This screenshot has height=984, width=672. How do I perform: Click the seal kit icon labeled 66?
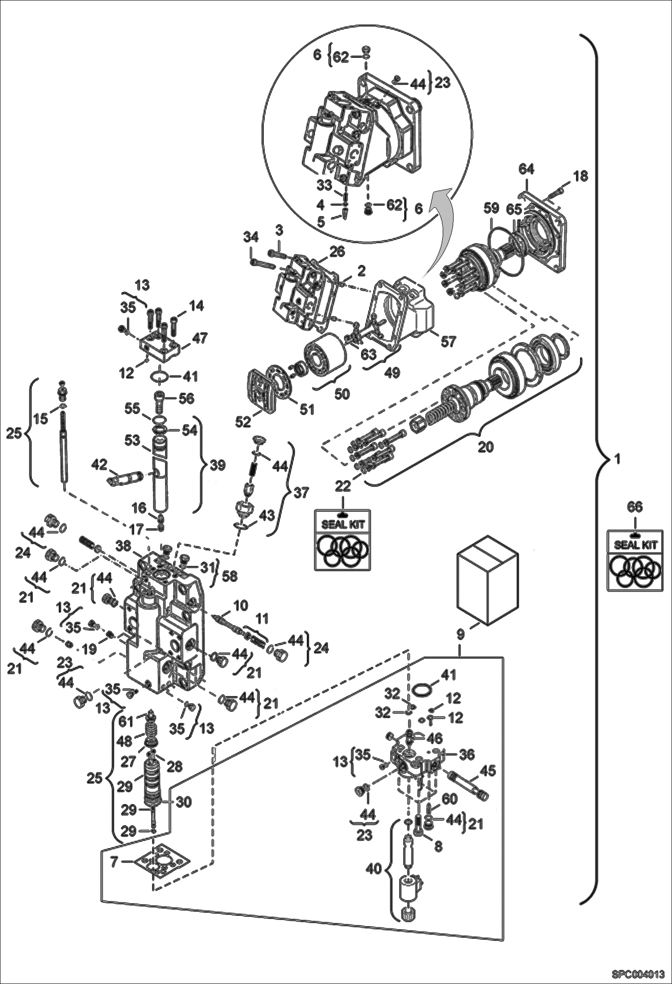[634, 560]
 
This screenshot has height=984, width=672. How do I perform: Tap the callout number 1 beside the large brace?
[617, 459]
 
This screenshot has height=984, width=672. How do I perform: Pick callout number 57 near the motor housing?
[448, 341]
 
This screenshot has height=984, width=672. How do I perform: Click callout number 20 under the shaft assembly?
[485, 447]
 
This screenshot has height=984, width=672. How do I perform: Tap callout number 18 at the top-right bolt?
[580, 176]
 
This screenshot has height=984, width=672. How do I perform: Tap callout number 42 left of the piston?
[100, 464]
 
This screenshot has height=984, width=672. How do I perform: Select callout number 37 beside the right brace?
[301, 492]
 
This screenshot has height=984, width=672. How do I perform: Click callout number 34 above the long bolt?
[250, 236]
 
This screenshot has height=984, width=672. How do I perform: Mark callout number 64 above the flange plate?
[526, 169]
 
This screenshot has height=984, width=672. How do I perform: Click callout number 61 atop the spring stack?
[126, 721]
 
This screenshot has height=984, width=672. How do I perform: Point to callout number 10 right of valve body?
[240, 605]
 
